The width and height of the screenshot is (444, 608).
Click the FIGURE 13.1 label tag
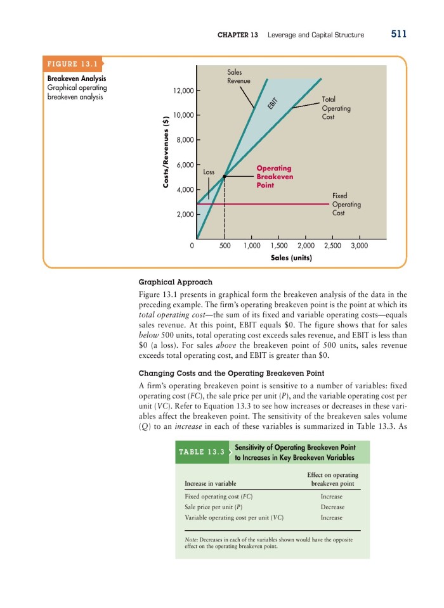pos(71,64)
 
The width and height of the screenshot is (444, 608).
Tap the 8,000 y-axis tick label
pos(184,140)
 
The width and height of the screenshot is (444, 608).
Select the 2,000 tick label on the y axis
pos(184,215)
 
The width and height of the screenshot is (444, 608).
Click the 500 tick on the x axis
pos(225,244)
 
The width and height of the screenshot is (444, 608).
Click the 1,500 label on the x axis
pos(278,244)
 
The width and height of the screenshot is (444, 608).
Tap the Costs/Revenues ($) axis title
pos(166,149)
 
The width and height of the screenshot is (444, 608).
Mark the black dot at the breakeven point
pos(225,177)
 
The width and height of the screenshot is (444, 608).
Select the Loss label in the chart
pos(209,172)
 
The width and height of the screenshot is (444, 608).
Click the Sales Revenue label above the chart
pos(239,77)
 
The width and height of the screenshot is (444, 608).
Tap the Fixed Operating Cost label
pos(346,205)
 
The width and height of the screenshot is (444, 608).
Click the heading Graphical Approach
pos(175,281)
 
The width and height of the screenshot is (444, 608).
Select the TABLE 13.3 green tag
pos(201,452)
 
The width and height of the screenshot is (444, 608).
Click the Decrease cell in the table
pos(332,507)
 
